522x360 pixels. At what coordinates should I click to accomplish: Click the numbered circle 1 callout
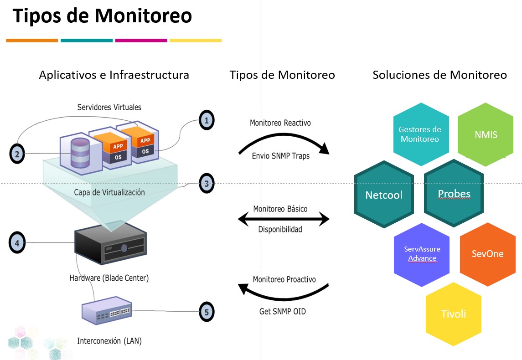coord(207,121)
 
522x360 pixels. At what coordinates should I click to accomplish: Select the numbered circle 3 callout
coord(207,184)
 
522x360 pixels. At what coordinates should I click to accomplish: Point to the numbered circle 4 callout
coord(17,243)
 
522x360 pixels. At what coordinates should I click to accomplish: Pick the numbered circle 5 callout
coord(207,312)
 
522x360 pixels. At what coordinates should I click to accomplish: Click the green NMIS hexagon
coord(486,135)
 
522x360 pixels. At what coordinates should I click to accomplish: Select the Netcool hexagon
coord(383,195)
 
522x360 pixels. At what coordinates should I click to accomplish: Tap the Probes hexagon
coord(454,194)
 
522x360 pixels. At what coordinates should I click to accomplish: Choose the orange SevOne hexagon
coord(487,254)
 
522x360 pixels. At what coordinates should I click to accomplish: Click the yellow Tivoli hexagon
coord(453,314)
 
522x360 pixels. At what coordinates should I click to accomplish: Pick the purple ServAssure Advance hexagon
coord(422,254)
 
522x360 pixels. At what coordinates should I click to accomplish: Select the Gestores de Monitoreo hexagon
coord(419,134)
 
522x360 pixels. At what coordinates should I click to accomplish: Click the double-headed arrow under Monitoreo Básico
coord(284,220)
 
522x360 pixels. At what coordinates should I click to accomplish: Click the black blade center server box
coord(111,247)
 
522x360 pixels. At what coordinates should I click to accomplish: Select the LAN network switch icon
coord(107,311)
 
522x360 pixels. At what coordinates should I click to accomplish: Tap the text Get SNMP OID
coord(279,312)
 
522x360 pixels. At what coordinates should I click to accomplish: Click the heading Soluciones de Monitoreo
coord(439,75)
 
